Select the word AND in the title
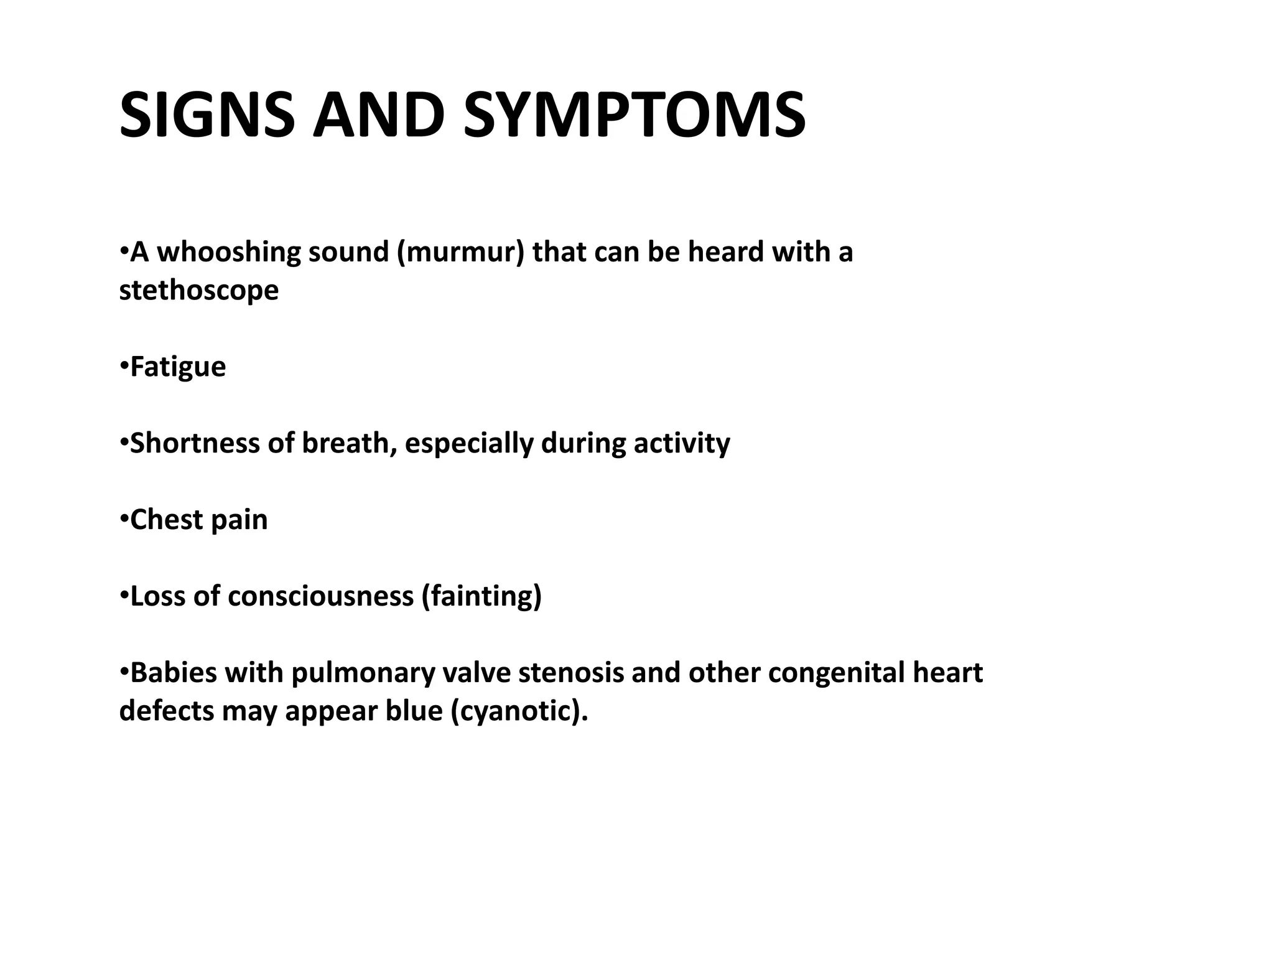pos(378,116)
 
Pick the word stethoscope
pos(198,291)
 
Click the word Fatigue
pos(178,367)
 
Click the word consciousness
pos(320,596)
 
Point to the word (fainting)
pos(481,596)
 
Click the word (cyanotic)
pos(519,711)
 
